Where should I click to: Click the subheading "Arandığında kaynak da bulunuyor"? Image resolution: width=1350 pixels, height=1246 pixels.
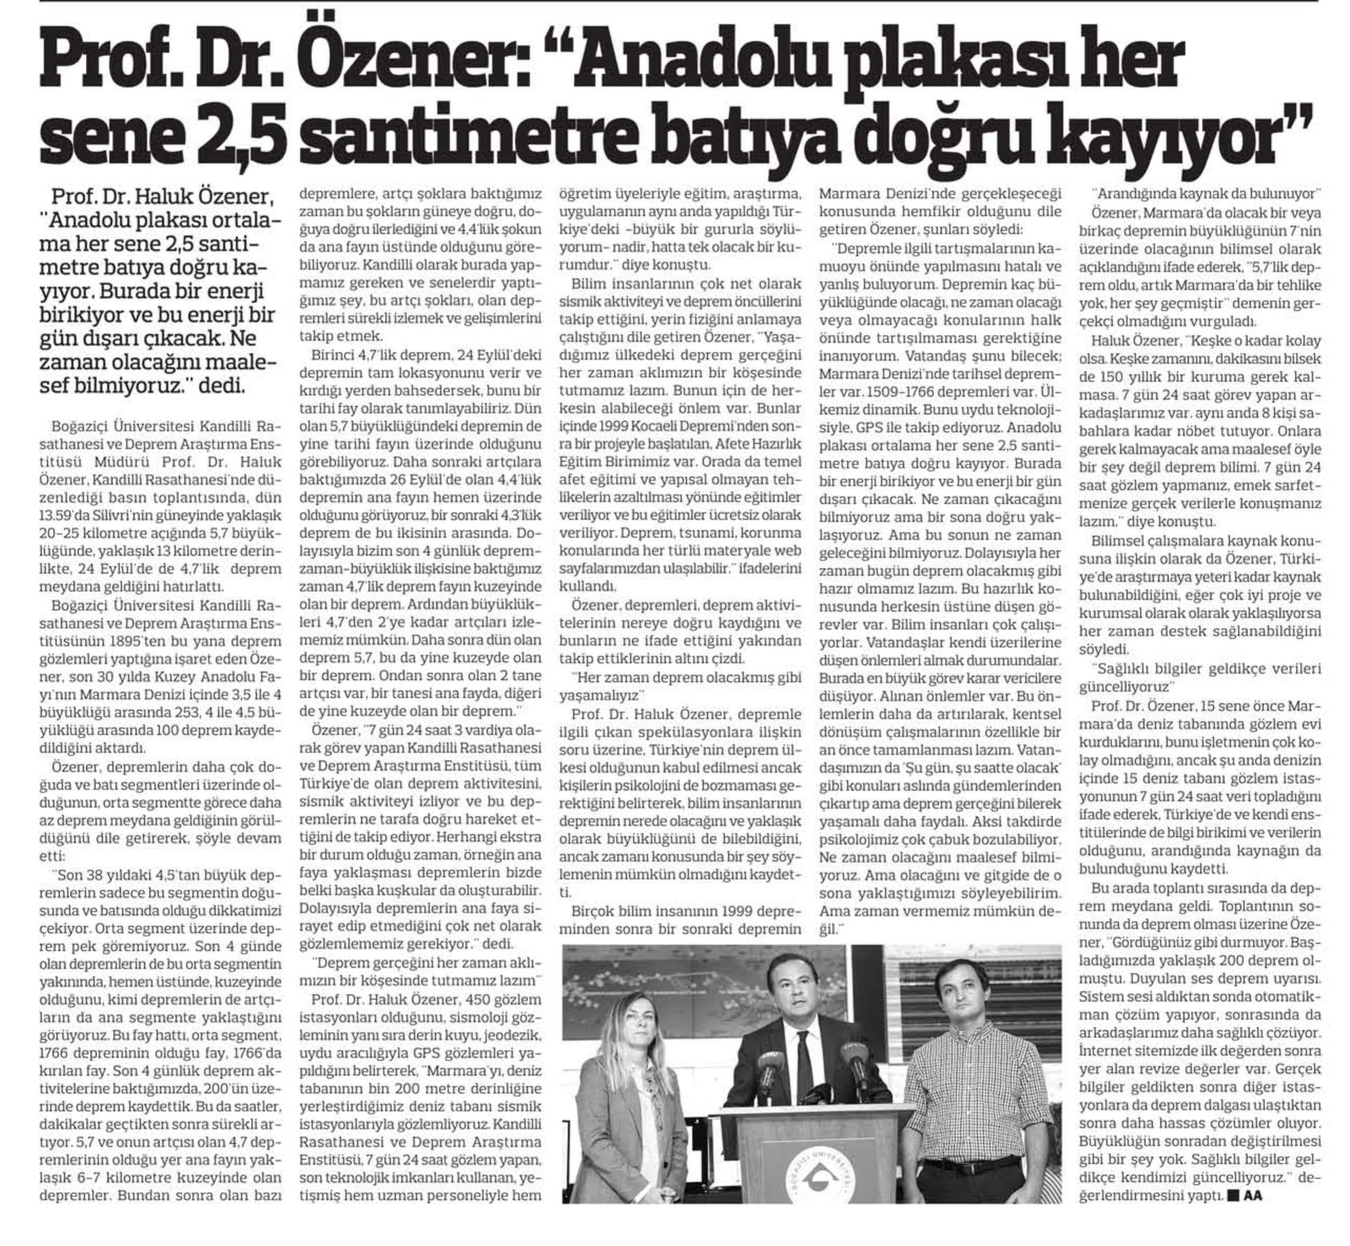click(1205, 193)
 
